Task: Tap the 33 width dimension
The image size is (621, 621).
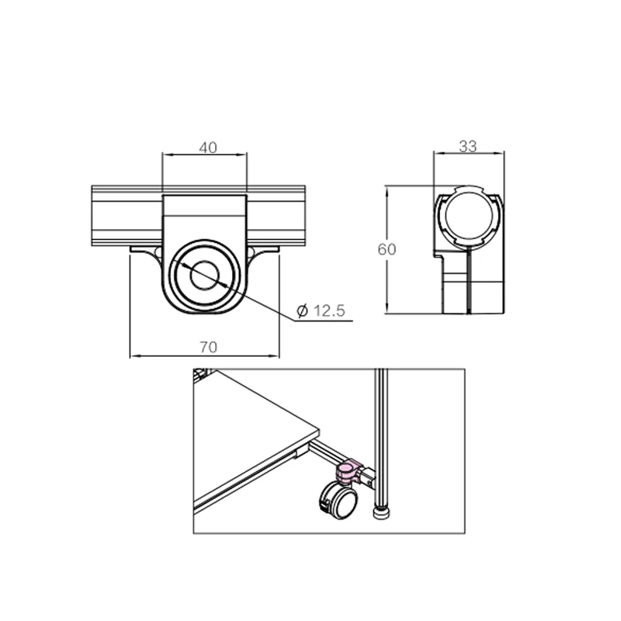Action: click(x=468, y=145)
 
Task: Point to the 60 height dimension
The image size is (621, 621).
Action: click(x=387, y=249)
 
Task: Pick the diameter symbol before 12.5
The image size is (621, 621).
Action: click(x=302, y=311)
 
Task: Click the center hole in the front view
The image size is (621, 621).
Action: click(x=205, y=275)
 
